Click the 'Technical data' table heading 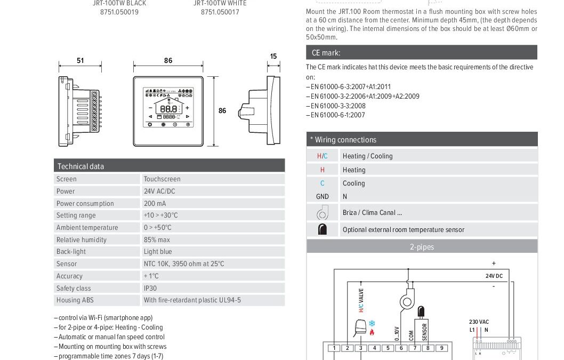click(x=80, y=166)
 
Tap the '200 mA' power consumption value click(x=155, y=203)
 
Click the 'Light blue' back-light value click(x=158, y=251)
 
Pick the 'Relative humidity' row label click(x=82, y=239)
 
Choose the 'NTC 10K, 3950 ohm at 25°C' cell click(x=184, y=263)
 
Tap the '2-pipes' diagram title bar click(x=422, y=247)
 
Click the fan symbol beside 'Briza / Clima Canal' click(x=323, y=213)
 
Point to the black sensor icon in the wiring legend click(x=323, y=230)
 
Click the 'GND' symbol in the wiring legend click(x=323, y=196)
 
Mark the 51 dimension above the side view click(x=80, y=60)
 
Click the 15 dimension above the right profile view click(x=273, y=57)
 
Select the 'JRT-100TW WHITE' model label click(x=220, y=3)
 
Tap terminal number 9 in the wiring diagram click(x=441, y=348)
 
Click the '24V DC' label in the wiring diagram click(x=493, y=276)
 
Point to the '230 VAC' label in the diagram click(x=479, y=322)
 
